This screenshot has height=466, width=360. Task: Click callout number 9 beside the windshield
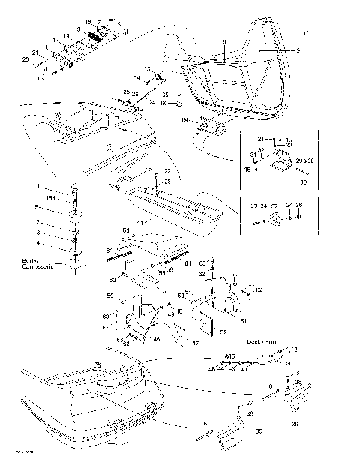(298, 50)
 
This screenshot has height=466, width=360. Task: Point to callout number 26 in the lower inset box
(299, 204)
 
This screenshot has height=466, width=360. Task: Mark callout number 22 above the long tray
(167, 171)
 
